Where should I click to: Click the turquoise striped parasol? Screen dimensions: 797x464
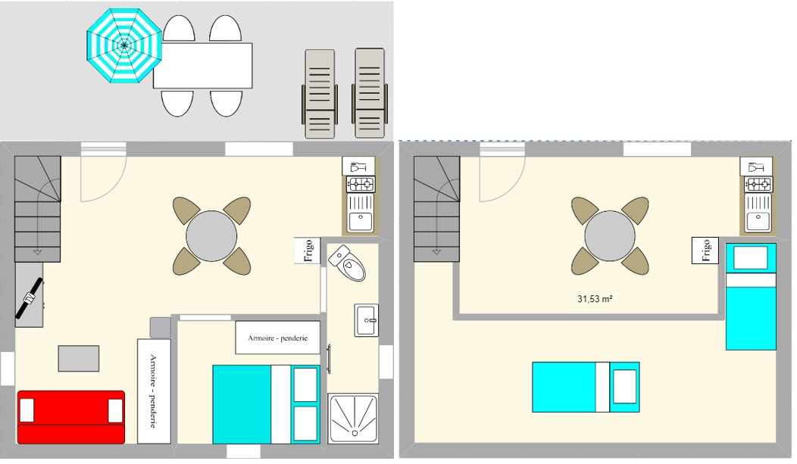[x=124, y=45]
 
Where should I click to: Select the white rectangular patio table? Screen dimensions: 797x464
[x=203, y=66]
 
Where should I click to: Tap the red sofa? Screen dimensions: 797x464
[x=71, y=417]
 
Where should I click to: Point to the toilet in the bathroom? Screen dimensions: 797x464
[x=347, y=263]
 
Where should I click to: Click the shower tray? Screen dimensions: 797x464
[x=353, y=419]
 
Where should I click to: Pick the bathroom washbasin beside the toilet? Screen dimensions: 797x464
[x=366, y=320]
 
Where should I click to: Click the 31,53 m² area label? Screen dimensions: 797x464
[x=595, y=299]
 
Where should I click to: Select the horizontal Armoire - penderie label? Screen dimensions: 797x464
[x=277, y=338]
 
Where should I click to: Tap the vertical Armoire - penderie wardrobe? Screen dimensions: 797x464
[x=154, y=391]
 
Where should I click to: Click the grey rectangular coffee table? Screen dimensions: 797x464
[x=78, y=358]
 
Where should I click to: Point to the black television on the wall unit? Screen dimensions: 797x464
[x=29, y=298]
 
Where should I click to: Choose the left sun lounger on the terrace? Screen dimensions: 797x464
[x=320, y=94]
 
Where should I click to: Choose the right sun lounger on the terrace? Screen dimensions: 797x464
[x=370, y=93]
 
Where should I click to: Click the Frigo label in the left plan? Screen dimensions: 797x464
[x=308, y=251]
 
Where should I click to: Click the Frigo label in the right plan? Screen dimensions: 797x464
[x=705, y=251]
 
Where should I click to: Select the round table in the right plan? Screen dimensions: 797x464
[x=609, y=237]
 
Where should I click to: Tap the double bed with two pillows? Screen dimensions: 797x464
[x=267, y=404]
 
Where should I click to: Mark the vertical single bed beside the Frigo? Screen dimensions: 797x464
[x=751, y=297]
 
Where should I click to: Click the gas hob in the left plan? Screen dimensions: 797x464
[x=361, y=184]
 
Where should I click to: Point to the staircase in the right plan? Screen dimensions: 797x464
[x=437, y=209]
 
